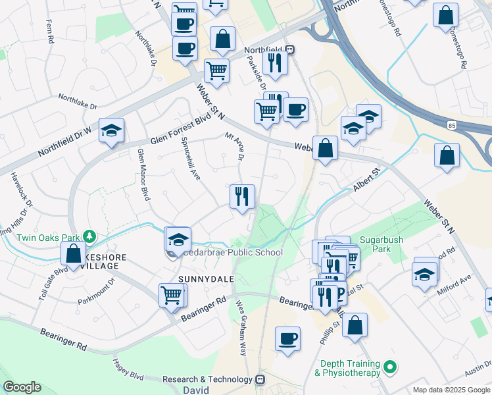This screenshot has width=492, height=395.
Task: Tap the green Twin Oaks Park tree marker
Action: (x=89, y=236)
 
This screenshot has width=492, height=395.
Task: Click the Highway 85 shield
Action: (x=451, y=124)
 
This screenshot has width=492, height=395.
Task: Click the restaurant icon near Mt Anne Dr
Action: (x=242, y=196)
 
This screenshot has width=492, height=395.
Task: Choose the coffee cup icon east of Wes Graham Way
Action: (x=287, y=339)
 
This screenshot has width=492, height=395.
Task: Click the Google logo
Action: (x=22, y=387)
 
